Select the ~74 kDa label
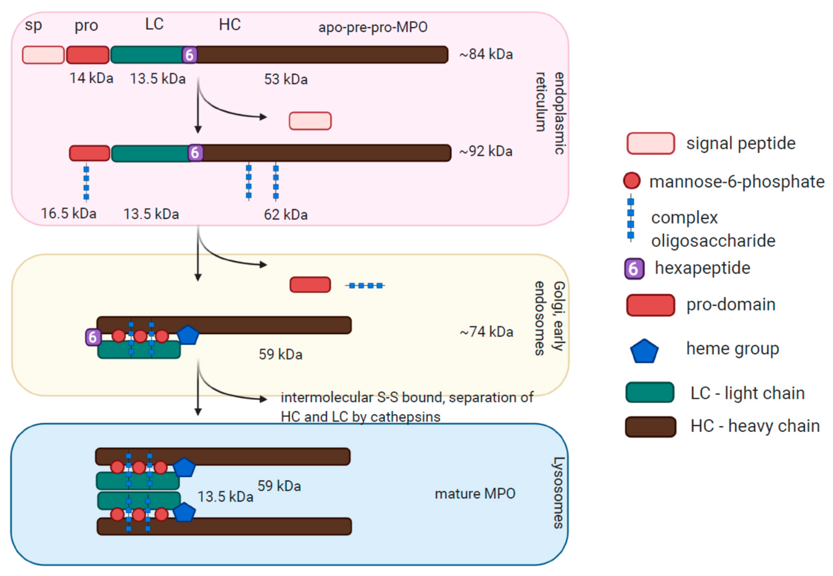[486, 332]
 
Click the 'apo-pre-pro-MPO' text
[373, 27]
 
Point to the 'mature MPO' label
[475, 493]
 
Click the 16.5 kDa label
[69, 213]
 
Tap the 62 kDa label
[286, 215]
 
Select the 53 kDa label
[286, 79]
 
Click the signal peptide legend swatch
[650, 143]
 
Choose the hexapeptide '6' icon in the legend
[634, 269]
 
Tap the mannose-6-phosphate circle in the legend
[631, 181]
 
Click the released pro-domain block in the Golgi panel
[310, 285]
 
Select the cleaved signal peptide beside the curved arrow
[310, 121]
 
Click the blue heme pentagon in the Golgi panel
[188, 335]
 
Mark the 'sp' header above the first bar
[33, 25]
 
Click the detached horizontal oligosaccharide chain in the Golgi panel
[365, 285]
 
